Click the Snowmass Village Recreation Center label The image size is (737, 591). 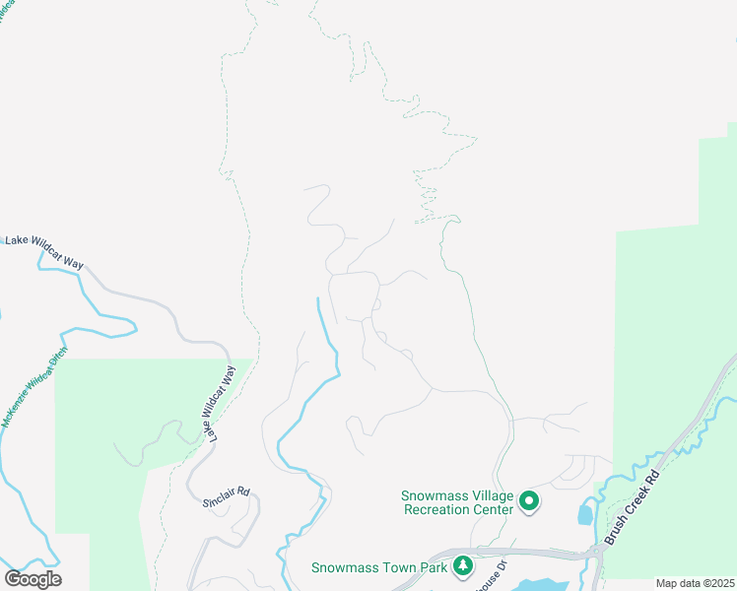[x=457, y=502]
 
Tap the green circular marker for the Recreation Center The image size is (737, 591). [x=529, y=502]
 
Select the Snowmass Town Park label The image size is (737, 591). [x=378, y=567]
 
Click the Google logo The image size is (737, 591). [x=33, y=578]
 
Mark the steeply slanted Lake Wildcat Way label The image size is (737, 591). [x=221, y=404]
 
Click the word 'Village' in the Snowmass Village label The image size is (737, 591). [x=491, y=495]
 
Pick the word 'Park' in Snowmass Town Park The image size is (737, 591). [x=432, y=567]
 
